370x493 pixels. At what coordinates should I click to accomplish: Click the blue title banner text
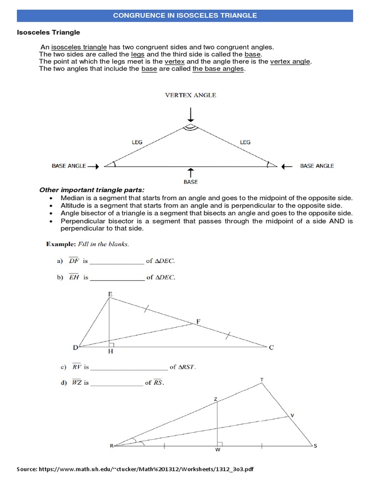pos(185,15)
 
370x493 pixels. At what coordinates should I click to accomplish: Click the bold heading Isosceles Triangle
pos(49,32)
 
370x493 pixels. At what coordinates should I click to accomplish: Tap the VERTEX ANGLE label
pos(191,95)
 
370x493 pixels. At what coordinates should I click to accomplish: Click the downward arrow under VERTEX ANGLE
pos(191,115)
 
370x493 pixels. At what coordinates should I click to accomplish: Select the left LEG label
pos(138,142)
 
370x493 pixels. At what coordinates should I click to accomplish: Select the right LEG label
pos(245,142)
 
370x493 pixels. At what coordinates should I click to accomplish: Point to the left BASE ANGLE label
pos(69,166)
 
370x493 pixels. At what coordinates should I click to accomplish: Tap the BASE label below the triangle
pos(191,182)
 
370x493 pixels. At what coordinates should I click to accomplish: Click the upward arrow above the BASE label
pos(191,173)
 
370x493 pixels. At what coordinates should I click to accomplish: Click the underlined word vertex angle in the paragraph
pos(291,62)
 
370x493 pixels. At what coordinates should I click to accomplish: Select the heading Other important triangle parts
pos(92,190)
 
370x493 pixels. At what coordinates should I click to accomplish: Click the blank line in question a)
pos(117,261)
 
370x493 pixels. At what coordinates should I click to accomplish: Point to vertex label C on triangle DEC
pos(271,348)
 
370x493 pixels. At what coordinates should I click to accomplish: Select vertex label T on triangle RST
pos(262,380)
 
